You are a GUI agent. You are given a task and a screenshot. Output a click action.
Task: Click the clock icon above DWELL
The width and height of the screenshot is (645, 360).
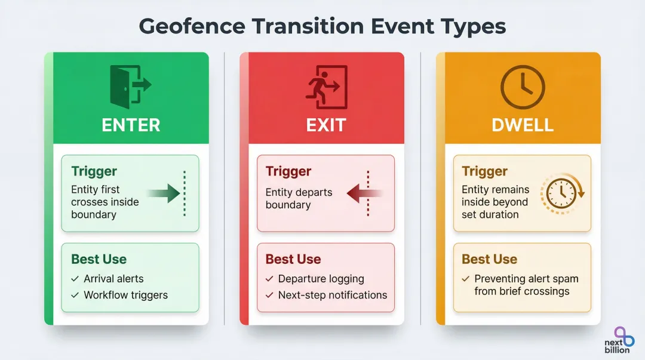tap(522, 87)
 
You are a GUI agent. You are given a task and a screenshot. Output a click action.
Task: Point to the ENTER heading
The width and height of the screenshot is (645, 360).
tap(131, 125)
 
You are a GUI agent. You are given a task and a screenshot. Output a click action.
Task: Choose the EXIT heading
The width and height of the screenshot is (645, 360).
tap(326, 125)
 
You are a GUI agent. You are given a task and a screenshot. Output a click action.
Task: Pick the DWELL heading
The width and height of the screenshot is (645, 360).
tap(522, 125)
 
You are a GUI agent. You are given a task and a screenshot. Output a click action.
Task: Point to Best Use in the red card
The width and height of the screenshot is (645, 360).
tap(293, 259)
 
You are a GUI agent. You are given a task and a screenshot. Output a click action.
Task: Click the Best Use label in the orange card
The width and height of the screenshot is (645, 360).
tap(489, 259)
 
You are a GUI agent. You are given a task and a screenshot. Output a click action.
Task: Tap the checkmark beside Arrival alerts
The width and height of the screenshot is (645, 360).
tap(75, 279)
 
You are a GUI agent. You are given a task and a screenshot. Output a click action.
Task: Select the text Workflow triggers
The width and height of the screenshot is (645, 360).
tap(125, 295)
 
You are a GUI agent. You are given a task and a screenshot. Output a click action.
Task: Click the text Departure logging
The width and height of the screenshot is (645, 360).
tap(321, 279)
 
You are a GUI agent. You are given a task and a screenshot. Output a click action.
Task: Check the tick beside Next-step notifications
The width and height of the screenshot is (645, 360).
tap(270, 295)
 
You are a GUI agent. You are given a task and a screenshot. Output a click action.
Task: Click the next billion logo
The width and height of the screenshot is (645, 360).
tap(622, 339)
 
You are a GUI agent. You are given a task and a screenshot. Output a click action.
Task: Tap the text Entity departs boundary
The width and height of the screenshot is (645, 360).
tap(299, 199)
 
